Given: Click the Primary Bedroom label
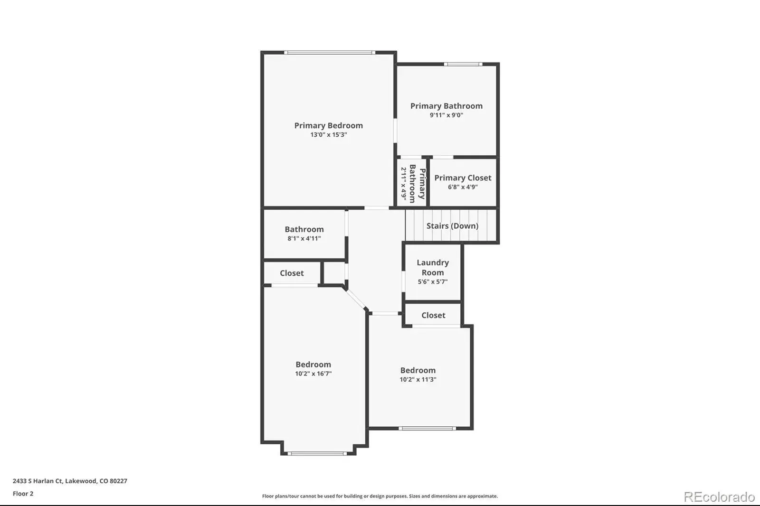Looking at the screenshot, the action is click(328, 125).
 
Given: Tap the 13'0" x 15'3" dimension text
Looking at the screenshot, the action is click(328, 135).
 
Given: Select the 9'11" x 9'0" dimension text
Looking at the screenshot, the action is click(446, 115).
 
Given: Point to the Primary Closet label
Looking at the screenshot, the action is click(463, 178).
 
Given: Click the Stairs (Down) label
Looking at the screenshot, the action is click(452, 226).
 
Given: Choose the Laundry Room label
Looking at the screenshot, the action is click(433, 268).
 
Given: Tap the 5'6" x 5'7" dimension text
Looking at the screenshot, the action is click(433, 281).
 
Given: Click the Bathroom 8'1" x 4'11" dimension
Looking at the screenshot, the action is click(304, 238).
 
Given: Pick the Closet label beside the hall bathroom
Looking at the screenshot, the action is click(292, 273).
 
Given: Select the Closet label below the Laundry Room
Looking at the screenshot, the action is click(433, 315).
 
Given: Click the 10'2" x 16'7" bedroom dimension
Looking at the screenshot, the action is click(313, 374).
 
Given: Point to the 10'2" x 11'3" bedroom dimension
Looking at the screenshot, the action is click(418, 380).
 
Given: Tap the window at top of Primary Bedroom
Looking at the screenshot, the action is click(330, 53).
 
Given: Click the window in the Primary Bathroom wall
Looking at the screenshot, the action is click(463, 64).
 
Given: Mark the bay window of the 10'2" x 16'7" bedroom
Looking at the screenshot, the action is click(317, 453).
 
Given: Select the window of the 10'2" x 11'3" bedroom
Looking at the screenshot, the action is click(427, 428).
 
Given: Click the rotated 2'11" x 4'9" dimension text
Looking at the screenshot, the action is click(403, 183).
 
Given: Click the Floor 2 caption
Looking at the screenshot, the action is click(23, 494).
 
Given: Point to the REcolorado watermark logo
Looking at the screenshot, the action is click(719, 497).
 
